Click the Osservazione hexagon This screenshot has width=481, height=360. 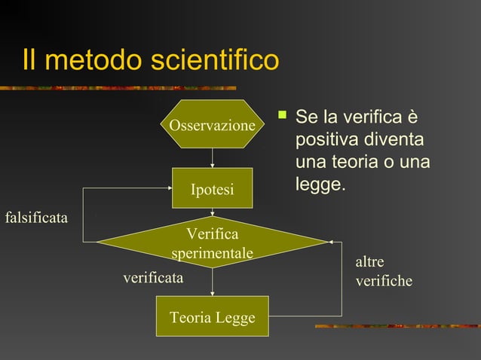point(212,125)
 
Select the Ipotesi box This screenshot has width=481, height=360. point(212,188)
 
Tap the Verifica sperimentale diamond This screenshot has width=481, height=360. point(212,243)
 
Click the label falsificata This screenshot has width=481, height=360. point(36,218)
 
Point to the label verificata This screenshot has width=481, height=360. point(153,278)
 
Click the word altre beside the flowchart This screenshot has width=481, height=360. point(369,262)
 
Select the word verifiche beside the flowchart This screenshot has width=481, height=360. point(384,281)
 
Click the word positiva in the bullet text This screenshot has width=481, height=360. point(325,141)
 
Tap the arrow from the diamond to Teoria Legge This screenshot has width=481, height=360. point(213,282)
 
